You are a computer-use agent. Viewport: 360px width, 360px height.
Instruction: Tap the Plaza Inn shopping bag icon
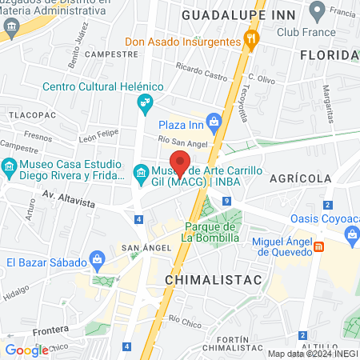(213, 121)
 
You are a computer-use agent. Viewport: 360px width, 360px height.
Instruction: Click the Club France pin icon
(317, 13)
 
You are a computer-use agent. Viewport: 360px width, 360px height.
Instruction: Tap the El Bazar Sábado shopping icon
(98, 259)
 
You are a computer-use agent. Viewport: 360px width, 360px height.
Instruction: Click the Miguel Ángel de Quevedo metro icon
(318, 247)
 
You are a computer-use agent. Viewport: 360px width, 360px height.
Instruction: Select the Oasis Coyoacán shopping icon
(351, 233)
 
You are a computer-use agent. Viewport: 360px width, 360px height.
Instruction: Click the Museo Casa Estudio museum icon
(10, 169)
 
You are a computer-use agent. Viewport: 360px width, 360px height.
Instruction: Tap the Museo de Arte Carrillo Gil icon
(140, 173)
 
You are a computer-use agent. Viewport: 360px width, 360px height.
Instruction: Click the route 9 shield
(228, 199)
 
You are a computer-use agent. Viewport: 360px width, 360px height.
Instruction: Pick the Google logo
(26, 350)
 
